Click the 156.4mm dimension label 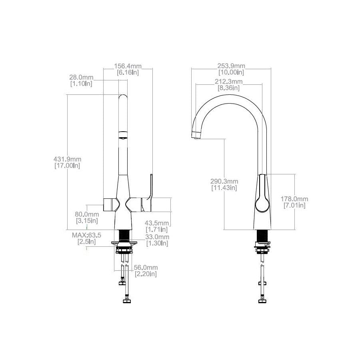128,66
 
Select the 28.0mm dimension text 82,77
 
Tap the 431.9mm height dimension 67,159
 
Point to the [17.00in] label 67,166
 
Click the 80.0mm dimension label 87,214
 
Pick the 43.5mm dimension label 157,223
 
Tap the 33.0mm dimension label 157,237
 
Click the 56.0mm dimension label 145,268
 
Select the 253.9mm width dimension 231,66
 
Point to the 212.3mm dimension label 229,82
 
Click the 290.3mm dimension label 224,181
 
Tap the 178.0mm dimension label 295,199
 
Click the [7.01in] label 295,205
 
